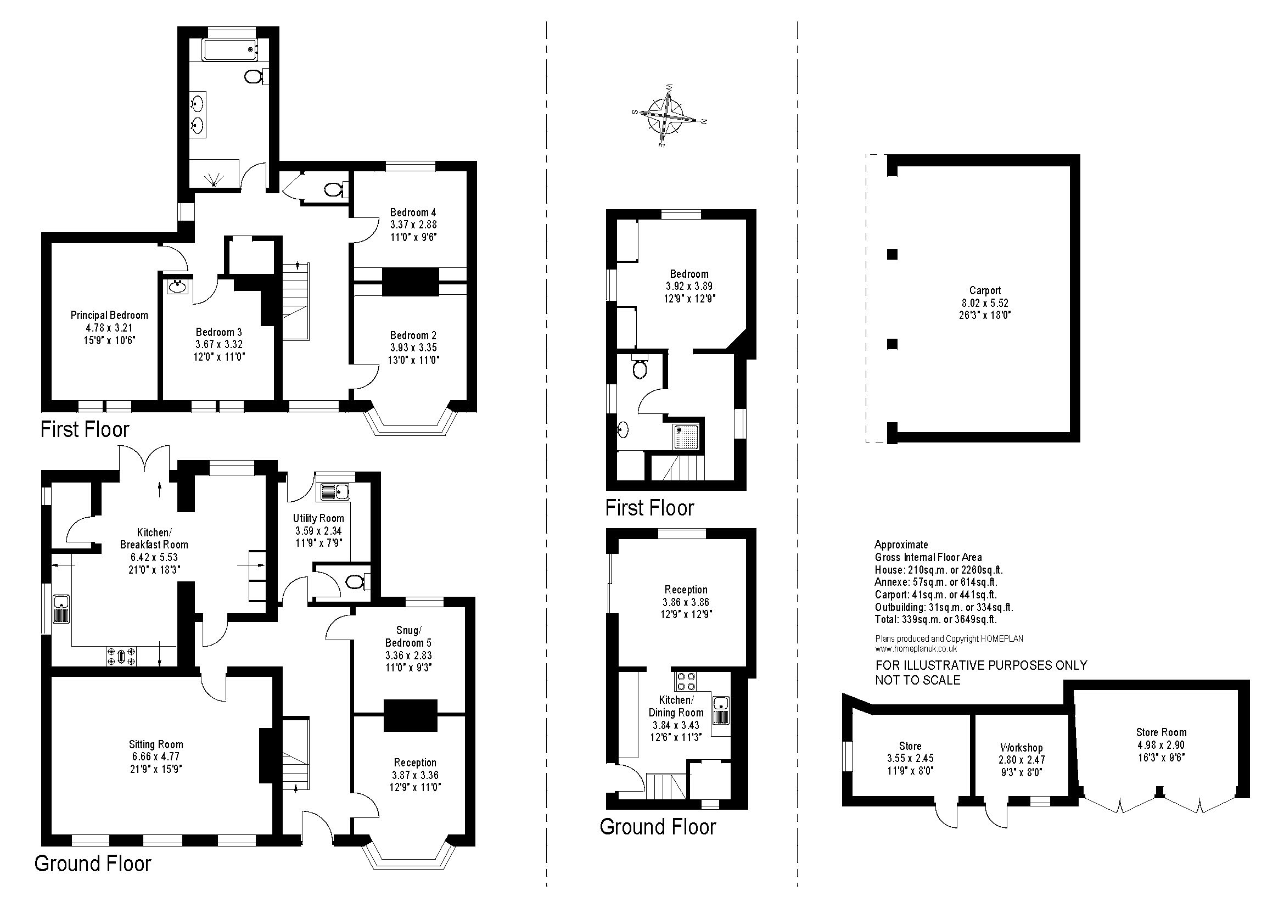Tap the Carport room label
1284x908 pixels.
(x=985, y=291)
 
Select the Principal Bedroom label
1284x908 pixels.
(x=109, y=315)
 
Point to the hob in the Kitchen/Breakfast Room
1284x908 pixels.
(x=121, y=655)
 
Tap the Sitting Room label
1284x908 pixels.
(x=156, y=744)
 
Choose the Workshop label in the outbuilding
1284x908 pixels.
(x=1021, y=748)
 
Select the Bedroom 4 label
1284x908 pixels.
(x=413, y=212)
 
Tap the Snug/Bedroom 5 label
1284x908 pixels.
(x=408, y=637)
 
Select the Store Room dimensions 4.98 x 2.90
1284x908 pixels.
(x=1161, y=745)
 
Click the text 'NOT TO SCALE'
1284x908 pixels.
(x=918, y=680)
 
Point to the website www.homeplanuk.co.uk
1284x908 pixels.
(x=916, y=649)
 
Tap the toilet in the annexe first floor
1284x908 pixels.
(x=639, y=367)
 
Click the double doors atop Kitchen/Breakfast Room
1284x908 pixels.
(x=144, y=461)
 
